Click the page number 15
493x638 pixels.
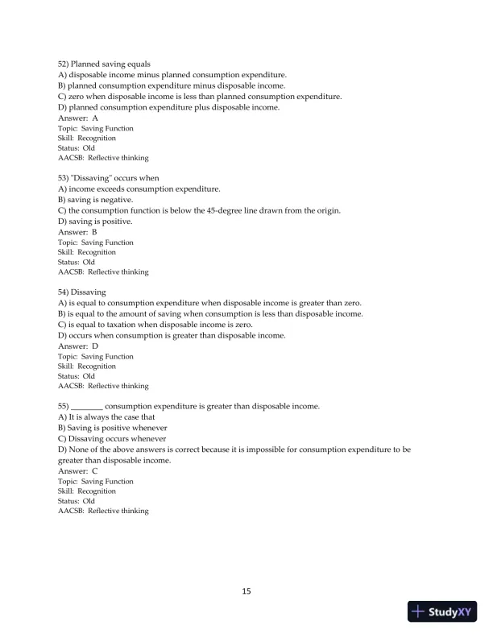tap(246, 591)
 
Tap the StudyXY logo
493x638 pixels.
tap(442, 612)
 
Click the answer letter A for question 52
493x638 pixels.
tap(95, 118)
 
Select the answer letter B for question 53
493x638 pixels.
tap(94, 232)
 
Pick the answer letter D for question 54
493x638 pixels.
tap(95, 346)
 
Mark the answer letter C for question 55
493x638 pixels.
tap(94, 471)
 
